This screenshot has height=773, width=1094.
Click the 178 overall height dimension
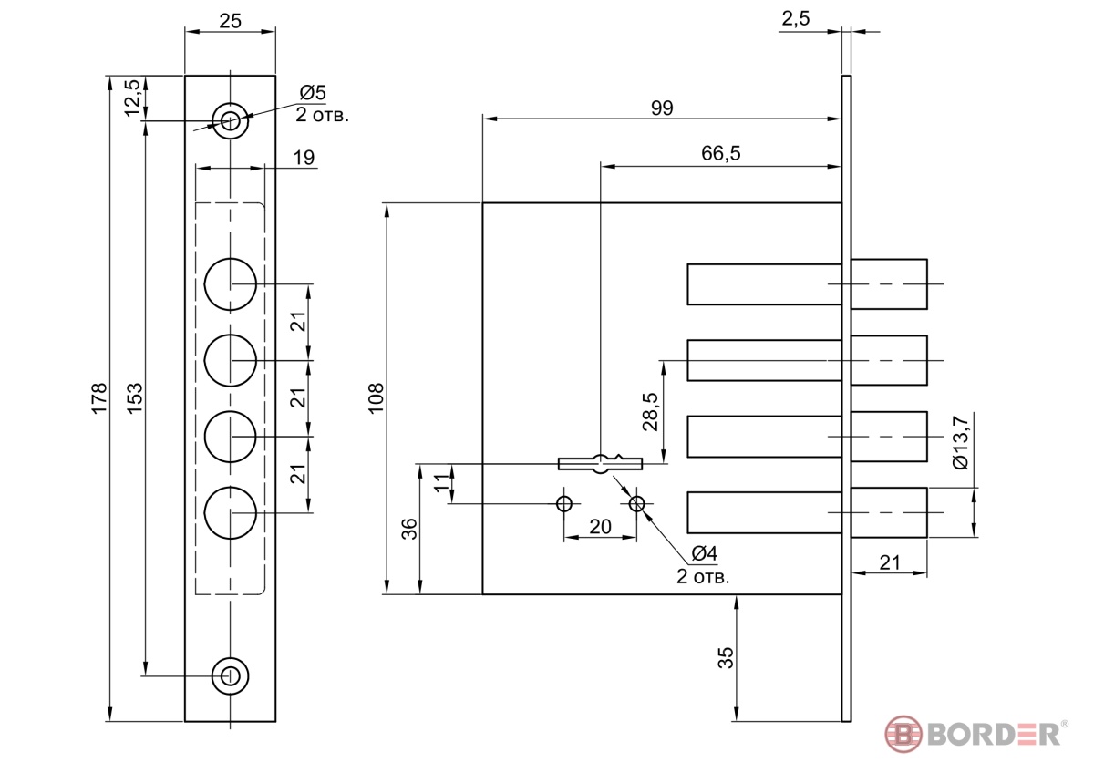tap(99, 398)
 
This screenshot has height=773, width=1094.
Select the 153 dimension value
tap(134, 397)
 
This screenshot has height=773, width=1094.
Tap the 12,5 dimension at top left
tap(132, 98)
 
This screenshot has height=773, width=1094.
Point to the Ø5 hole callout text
tap(313, 92)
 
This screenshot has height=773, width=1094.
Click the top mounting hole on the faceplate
tap(230, 120)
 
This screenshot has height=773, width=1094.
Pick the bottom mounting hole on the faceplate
tap(230, 676)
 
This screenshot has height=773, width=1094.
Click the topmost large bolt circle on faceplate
tap(230, 284)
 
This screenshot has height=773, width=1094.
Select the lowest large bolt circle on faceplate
tap(230, 512)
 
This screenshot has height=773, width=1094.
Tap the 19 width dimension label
tap(304, 157)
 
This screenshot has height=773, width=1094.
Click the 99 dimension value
tap(662, 108)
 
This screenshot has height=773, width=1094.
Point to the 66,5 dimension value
tap(721, 153)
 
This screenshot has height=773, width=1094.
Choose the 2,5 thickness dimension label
tap(796, 18)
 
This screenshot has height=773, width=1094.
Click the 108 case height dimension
tap(376, 398)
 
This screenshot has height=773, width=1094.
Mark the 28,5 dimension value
tap(650, 412)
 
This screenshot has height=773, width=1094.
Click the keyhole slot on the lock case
tap(600, 463)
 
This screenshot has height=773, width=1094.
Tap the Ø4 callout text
tap(705, 553)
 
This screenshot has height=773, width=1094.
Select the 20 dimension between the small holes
tap(600, 526)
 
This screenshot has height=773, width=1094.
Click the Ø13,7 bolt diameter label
tap(960, 442)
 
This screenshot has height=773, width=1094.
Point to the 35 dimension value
tap(726, 658)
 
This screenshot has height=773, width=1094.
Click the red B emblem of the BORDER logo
tap(903, 734)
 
